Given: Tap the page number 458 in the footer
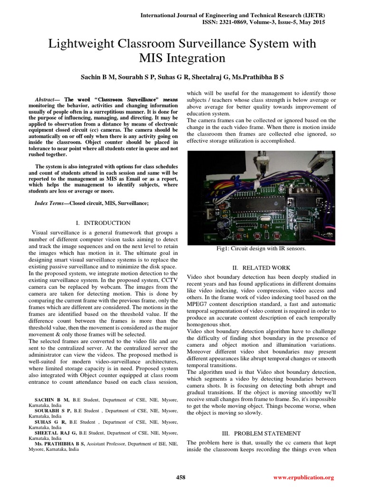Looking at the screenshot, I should point(181,477).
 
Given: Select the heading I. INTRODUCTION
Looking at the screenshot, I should point(103,223).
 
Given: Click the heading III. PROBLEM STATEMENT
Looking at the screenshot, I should point(261,433).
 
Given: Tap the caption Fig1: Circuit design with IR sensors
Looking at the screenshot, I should point(261,248).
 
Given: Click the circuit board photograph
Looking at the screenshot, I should point(261,197).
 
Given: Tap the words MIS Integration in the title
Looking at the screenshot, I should point(182,58).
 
